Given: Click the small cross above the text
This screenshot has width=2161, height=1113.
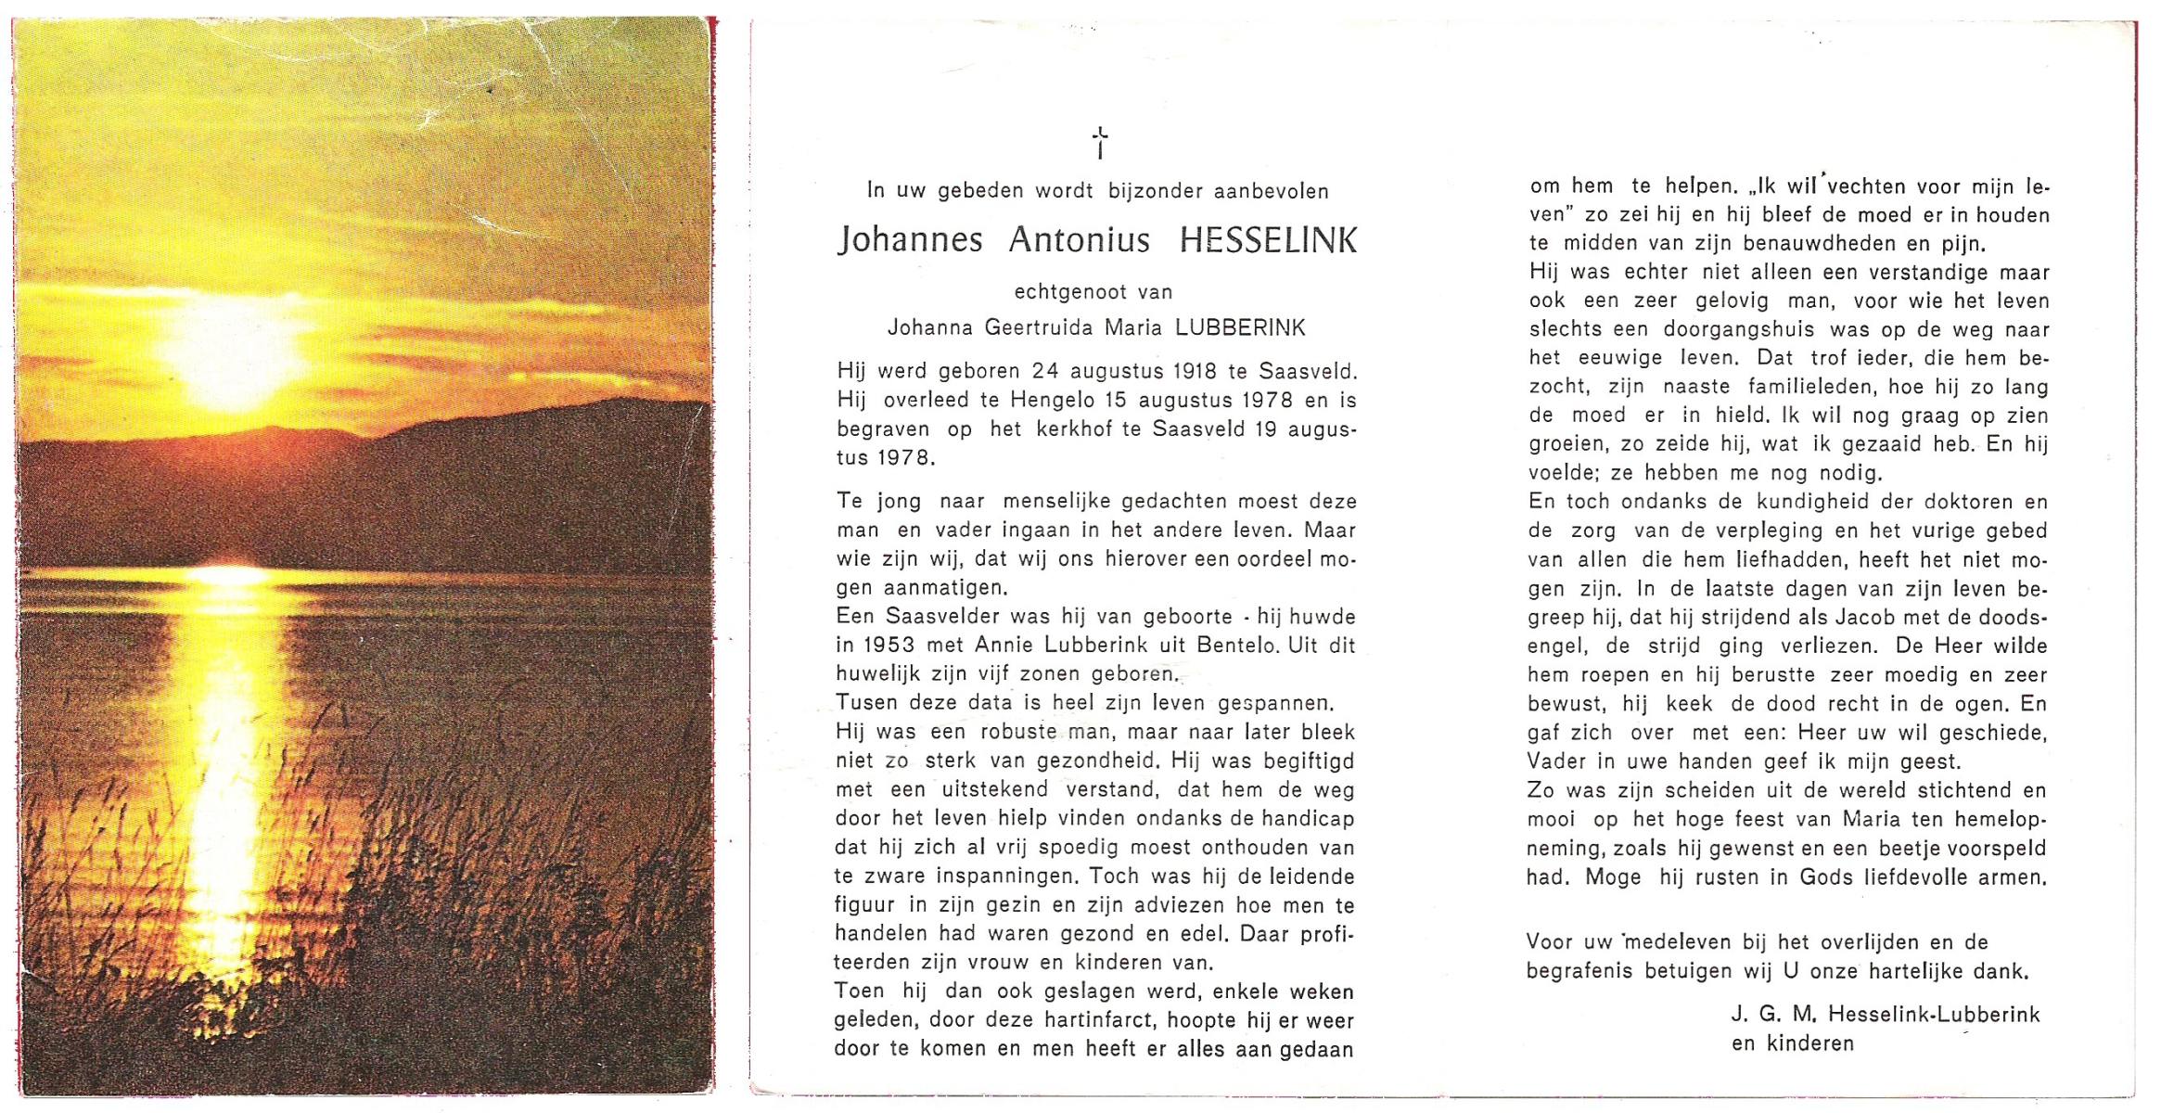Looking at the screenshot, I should pyautogui.click(x=1099, y=143).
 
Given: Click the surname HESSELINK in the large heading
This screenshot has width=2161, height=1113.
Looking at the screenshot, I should pyautogui.click(x=1268, y=240).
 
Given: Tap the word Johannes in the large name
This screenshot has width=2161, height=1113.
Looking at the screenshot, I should pyautogui.click(x=910, y=240).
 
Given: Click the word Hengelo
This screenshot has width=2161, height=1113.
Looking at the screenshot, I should pyautogui.click(x=1053, y=400).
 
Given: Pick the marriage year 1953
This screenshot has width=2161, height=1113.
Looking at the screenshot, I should pyautogui.click(x=889, y=645).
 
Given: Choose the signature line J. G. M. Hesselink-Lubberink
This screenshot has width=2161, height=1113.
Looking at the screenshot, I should pyautogui.click(x=1886, y=1014).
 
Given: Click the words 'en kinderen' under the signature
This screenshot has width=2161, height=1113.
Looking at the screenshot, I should pyautogui.click(x=1792, y=1043).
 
